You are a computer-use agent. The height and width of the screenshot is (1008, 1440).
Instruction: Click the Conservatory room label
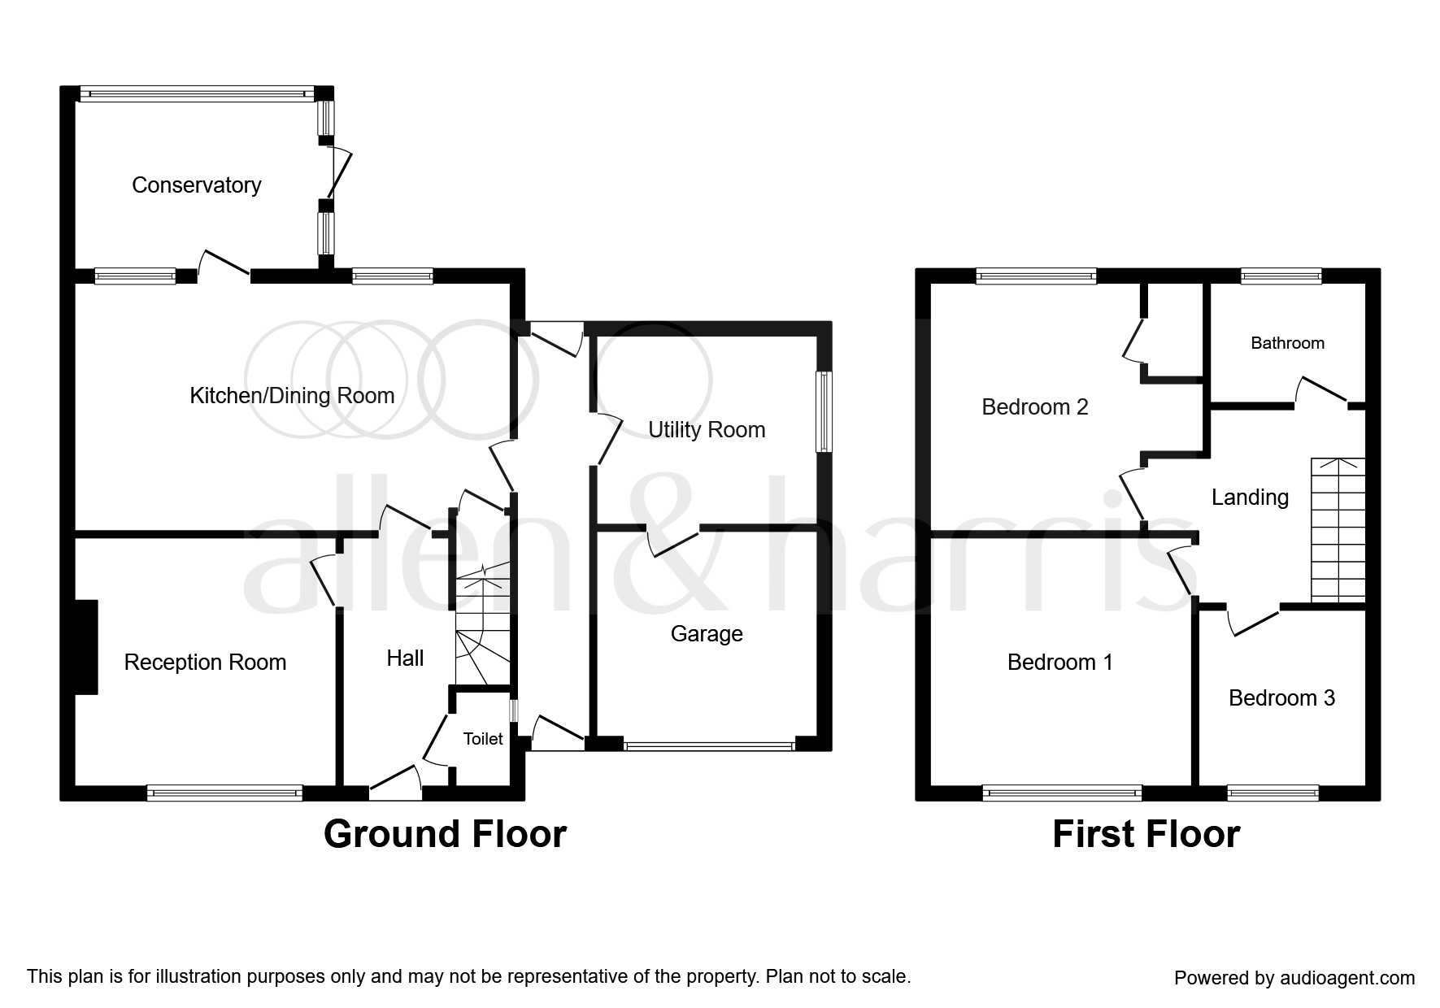pos(196,185)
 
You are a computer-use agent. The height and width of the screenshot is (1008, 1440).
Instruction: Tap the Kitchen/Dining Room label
pos(292,396)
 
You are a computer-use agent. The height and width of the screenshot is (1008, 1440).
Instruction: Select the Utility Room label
pos(707,430)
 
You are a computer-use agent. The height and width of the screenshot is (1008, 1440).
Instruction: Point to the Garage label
pos(707,634)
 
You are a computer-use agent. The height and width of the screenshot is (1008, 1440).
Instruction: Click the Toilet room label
pos(483,739)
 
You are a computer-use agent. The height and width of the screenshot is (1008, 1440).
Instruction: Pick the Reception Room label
pos(205,663)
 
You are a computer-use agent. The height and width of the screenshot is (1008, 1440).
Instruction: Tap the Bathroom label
pos(1287,343)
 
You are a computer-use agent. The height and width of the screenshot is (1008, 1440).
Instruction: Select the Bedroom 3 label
pos(1281,698)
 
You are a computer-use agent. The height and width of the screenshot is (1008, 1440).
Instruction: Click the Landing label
pos(1250,497)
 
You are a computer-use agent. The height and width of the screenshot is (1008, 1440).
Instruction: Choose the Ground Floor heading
pos(445,835)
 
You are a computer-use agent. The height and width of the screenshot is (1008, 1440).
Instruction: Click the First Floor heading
pos(1146,835)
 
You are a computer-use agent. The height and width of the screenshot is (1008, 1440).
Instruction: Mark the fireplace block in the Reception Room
pos(86,647)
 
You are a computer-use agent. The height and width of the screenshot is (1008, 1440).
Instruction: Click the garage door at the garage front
pos(708,745)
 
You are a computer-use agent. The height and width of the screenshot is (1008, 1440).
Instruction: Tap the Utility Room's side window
pos(824,411)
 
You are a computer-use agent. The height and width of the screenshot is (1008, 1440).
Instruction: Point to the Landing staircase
pos(1338,531)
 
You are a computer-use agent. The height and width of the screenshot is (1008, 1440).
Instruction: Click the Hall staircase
pos(483,630)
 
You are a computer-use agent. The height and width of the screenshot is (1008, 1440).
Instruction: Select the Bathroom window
pos(1281,276)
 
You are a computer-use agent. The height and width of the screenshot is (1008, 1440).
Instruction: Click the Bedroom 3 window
pos(1273,792)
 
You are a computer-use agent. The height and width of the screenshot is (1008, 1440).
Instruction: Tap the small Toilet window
pos(513,710)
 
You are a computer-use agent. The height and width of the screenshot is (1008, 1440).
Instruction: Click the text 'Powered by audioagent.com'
pos(1294,978)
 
